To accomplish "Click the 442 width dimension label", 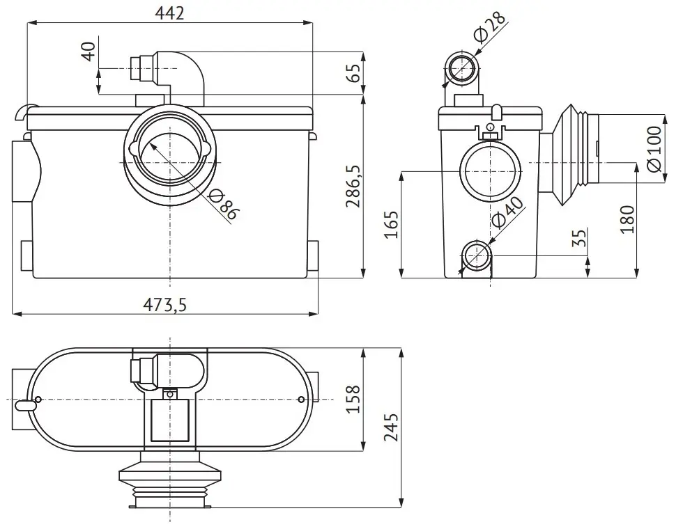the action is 169,13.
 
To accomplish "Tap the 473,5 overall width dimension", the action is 165,304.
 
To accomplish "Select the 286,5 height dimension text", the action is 355,186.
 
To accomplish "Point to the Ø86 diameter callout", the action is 222,206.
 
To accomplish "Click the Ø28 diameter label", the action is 490,28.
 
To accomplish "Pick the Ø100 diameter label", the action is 654,149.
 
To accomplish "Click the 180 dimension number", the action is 627,219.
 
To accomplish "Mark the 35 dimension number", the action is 581,237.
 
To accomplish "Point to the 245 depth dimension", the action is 391,427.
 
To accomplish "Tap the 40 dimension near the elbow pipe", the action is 89,52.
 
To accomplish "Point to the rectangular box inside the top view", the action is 170,420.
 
